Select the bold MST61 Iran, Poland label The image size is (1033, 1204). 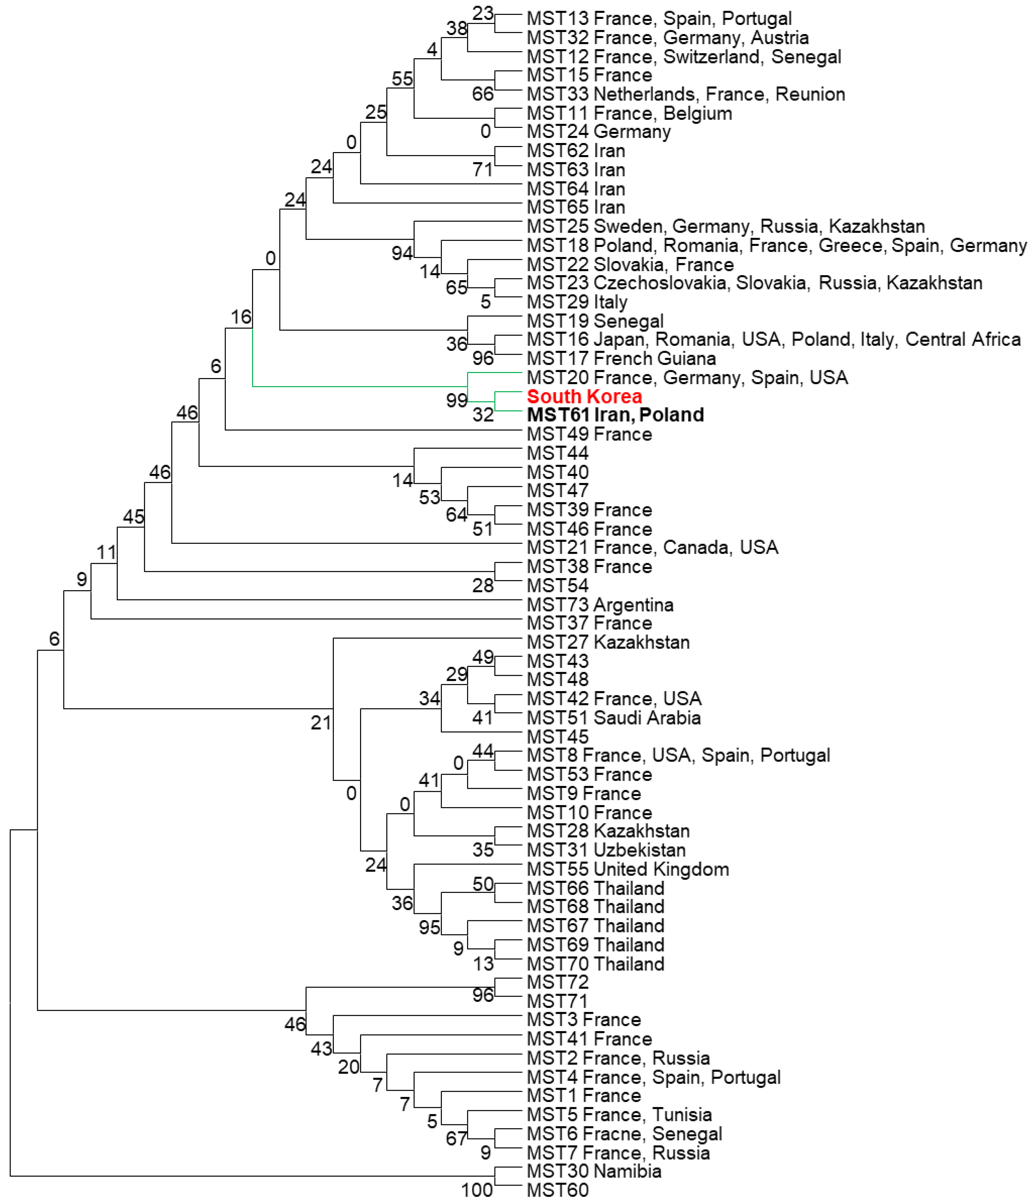point(615,415)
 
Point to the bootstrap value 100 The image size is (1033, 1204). point(477,1190)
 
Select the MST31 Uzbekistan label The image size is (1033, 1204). point(606,850)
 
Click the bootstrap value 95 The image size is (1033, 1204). point(429,927)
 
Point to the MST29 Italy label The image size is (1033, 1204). point(577,302)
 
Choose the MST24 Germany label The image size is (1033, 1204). point(598,132)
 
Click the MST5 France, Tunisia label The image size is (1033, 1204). point(618,1114)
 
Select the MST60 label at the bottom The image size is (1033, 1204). point(557,1190)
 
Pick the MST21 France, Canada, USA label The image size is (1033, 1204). point(652,547)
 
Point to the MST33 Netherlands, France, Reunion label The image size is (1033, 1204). point(685,94)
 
